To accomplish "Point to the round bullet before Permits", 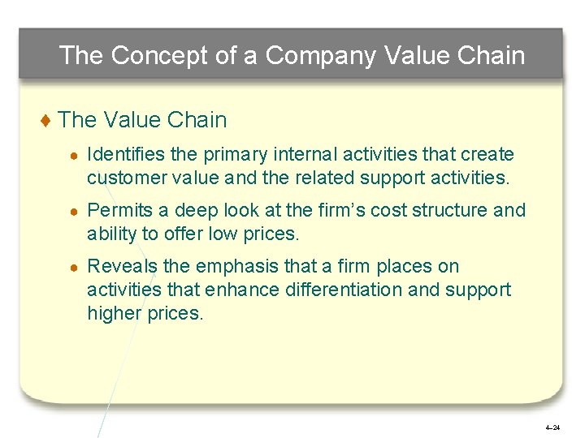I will tap(74, 212).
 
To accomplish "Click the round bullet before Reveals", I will tap(74, 267).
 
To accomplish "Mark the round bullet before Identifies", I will tap(74, 155).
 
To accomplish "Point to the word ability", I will tap(110, 234).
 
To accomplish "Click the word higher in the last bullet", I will tap(113, 313).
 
